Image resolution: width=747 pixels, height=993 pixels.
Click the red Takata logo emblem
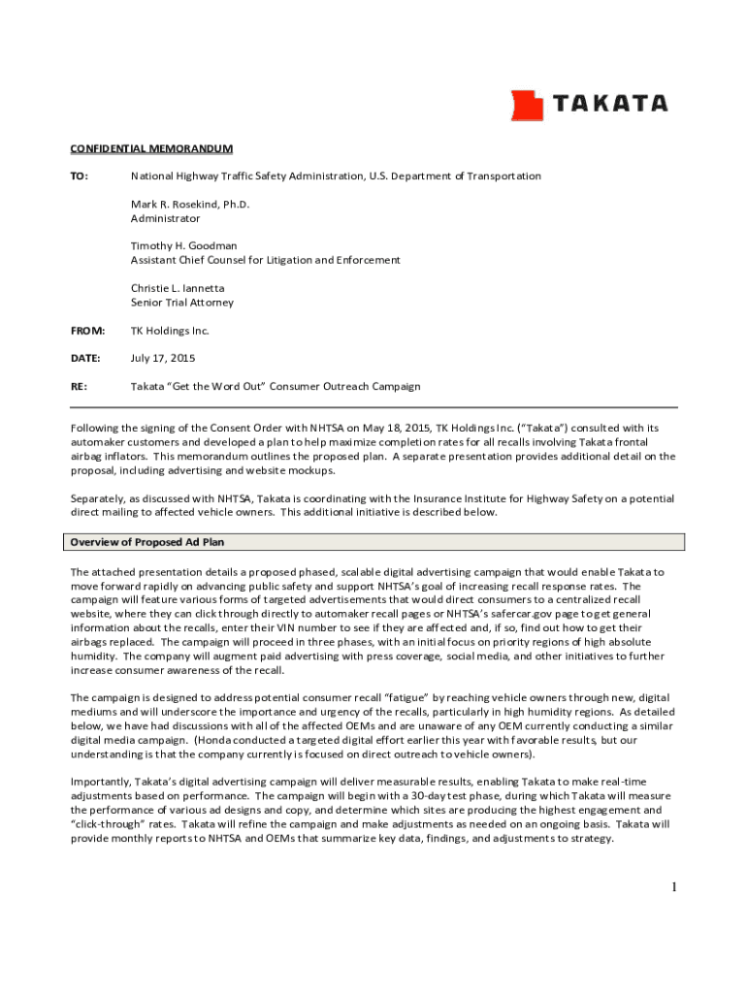pos(528,105)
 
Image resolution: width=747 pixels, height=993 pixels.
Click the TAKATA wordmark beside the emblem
pos(609,104)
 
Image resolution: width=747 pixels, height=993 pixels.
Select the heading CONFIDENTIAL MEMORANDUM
pos(150,148)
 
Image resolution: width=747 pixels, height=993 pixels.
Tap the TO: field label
pos(79,176)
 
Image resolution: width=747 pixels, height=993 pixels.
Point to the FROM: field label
pos(86,331)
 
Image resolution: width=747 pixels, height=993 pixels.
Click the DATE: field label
pos(84,359)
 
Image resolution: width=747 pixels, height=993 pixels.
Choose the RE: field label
pos(79,387)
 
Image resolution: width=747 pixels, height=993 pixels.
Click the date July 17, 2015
pos(163,359)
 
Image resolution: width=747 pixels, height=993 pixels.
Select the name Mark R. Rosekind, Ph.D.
pos(190,205)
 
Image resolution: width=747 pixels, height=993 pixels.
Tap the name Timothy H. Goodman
pos(184,246)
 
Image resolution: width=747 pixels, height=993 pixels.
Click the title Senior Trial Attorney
pos(182,303)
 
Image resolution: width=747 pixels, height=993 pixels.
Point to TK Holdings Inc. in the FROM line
pos(170,331)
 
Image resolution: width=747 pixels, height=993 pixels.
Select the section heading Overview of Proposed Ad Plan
pos(153,542)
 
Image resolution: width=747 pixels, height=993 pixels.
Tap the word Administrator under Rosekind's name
pos(165,218)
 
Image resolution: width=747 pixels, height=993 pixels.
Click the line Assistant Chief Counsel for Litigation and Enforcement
pos(265,260)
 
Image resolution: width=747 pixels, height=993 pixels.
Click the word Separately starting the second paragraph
pos(99,498)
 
